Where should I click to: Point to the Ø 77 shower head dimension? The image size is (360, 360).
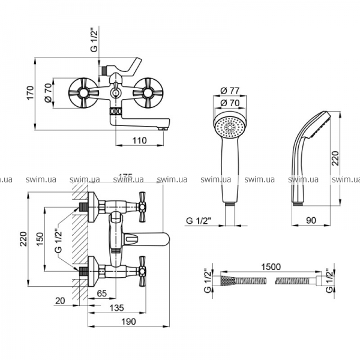[x=230, y=91]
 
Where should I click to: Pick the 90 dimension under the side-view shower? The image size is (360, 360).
[x=311, y=220]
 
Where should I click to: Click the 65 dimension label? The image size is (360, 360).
[x=102, y=293]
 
